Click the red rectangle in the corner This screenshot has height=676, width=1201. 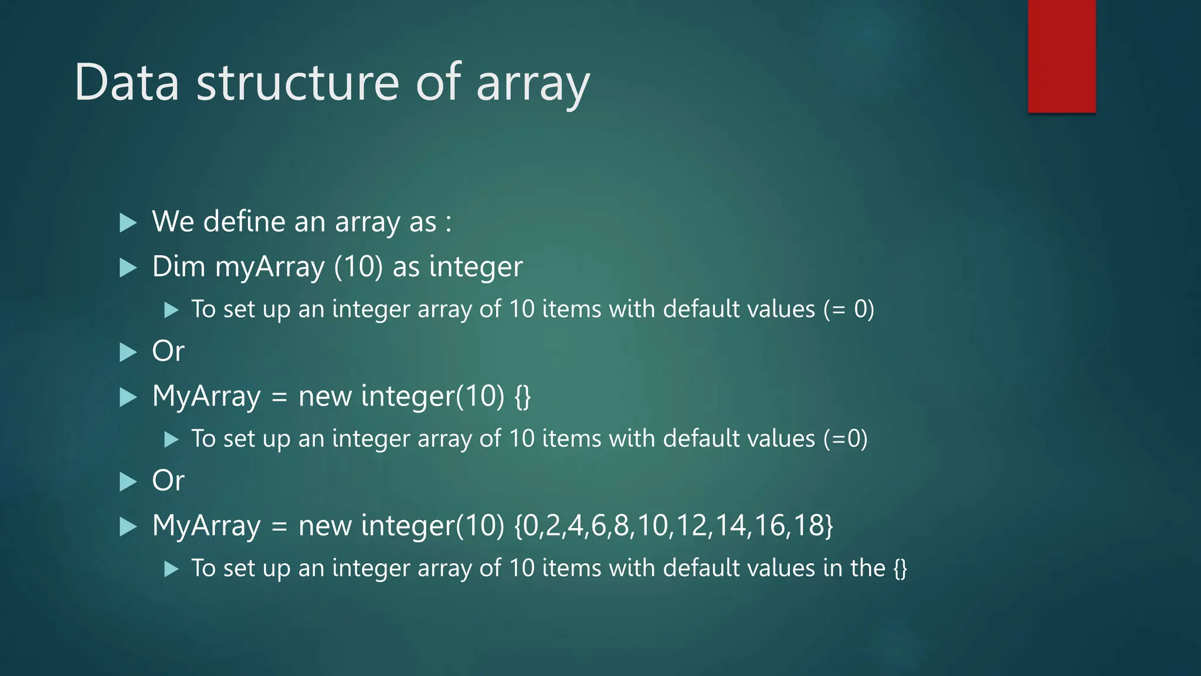click(x=1061, y=56)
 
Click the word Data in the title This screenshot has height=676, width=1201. click(x=127, y=83)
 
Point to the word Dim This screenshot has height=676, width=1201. click(x=178, y=267)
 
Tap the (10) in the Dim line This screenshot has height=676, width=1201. click(x=358, y=267)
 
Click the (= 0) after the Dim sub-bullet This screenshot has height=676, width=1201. click(x=849, y=309)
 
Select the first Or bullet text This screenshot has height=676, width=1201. click(x=168, y=351)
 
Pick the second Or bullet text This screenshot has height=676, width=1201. click(x=168, y=481)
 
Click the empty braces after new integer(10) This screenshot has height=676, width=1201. click(x=523, y=397)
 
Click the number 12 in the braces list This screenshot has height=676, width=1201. click(x=692, y=525)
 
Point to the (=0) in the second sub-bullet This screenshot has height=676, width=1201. click(x=845, y=439)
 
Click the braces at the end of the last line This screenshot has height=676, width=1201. click(x=900, y=569)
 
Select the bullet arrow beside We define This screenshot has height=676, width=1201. click(x=128, y=222)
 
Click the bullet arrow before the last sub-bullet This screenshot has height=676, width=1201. click(x=171, y=569)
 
